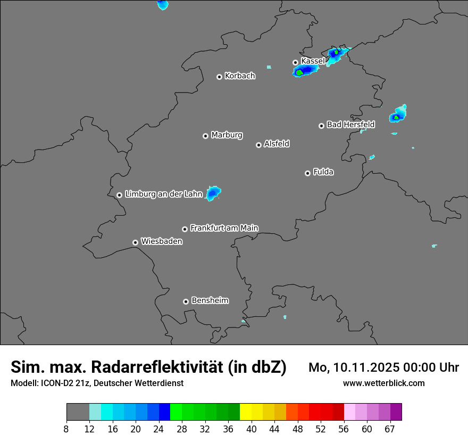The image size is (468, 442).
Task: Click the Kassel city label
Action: point(313,61)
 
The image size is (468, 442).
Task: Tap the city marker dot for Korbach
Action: point(219,77)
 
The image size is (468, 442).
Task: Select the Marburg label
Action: point(227,135)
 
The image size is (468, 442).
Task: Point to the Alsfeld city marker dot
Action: point(258,145)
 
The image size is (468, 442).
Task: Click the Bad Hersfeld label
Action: point(350,125)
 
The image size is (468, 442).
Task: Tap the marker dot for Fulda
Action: point(307,173)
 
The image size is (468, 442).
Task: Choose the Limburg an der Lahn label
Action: point(164,194)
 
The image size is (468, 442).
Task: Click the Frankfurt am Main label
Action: point(224,228)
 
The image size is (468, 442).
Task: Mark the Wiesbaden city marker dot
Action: point(136,242)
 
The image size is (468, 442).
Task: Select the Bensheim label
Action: point(210,301)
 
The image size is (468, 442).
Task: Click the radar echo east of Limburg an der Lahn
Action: point(214,193)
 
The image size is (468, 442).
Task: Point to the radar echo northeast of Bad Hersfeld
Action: point(397,115)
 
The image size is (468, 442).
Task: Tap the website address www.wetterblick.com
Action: point(383,383)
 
